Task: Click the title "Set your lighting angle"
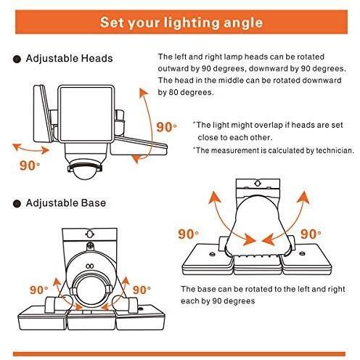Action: pyautogui.click(x=181, y=22)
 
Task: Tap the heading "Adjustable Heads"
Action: pyautogui.click(x=69, y=59)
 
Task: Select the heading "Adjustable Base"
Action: pyautogui.click(x=66, y=202)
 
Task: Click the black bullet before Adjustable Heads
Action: pyautogui.click(x=17, y=60)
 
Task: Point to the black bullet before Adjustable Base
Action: pyautogui.click(x=17, y=204)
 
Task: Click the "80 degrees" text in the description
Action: pyautogui.click(x=191, y=92)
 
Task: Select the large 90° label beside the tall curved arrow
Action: pyautogui.click(x=166, y=127)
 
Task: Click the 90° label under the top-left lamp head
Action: pyautogui.click(x=30, y=165)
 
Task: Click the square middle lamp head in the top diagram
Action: pyautogui.click(x=86, y=114)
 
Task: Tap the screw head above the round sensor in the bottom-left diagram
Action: pyautogui.click(x=90, y=245)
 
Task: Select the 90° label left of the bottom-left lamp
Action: pyautogui.click(x=39, y=290)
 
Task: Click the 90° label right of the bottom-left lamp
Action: pyautogui.click(x=142, y=290)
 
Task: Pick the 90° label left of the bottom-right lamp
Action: pyautogui.click(x=188, y=234)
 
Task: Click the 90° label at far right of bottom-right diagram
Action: pyautogui.click(x=311, y=234)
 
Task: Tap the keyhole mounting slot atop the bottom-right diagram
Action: pyautogui.click(x=258, y=184)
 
